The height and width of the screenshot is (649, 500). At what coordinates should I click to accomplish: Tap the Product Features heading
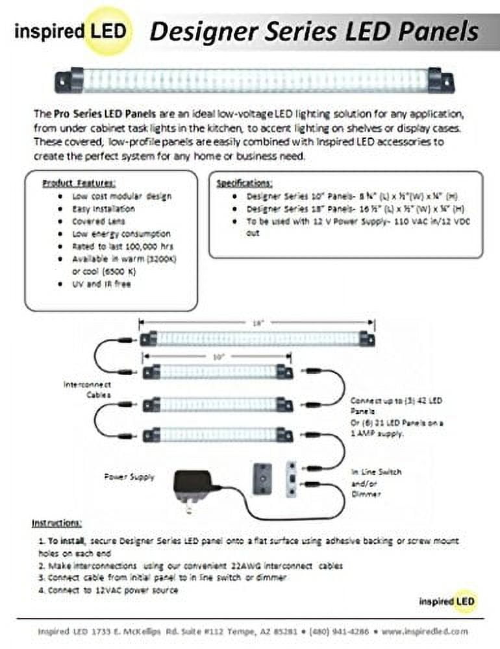click(x=79, y=183)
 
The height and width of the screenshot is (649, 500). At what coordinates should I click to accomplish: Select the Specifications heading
click(x=244, y=183)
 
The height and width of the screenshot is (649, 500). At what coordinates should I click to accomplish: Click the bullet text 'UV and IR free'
click(x=102, y=284)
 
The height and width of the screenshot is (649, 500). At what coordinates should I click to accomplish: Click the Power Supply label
click(x=129, y=477)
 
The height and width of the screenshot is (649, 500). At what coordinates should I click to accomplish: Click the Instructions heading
click(x=56, y=523)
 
